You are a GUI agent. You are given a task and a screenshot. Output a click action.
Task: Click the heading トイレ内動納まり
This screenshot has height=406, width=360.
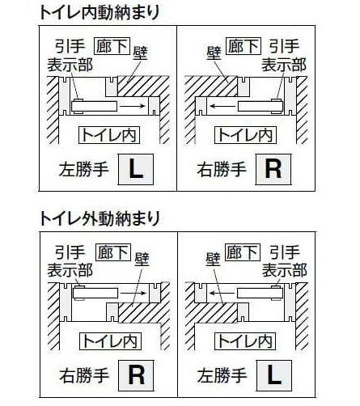(x=100, y=12)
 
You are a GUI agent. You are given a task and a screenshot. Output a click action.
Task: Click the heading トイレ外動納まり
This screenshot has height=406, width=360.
(x=100, y=218)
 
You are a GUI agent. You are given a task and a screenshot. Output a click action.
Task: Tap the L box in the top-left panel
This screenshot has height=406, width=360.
(x=136, y=169)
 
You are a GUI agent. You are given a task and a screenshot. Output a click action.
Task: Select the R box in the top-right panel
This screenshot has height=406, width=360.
(x=273, y=169)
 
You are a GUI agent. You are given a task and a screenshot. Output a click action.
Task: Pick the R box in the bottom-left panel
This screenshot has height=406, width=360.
(x=136, y=375)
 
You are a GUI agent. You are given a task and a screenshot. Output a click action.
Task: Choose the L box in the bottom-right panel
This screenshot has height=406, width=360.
(x=274, y=375)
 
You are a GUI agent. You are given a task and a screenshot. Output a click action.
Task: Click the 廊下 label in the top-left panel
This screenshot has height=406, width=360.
(x=112, y=46)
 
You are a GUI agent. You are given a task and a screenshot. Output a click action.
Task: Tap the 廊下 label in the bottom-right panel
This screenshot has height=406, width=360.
(x=242, y=252)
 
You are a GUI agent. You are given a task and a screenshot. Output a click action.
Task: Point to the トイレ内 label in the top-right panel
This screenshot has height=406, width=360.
(x=245, y=135)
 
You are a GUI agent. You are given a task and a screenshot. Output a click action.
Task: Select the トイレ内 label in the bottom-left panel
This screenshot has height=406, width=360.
(x=110, y=341)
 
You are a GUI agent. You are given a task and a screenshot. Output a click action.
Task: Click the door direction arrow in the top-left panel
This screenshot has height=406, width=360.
(x=133, y=106)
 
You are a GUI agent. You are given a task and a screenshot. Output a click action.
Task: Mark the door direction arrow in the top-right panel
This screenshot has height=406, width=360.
(x=222, y=106)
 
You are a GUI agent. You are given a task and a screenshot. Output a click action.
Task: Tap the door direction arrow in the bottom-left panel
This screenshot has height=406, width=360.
(x=133, y=293)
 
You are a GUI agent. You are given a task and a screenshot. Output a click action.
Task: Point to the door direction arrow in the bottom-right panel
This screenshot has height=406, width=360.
(x=222, y=293)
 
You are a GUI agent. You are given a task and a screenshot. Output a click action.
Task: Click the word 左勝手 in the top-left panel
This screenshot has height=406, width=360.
(x=84, y=170)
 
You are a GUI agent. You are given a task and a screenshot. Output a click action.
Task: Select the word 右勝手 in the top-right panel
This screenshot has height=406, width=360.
(x=222, y=170)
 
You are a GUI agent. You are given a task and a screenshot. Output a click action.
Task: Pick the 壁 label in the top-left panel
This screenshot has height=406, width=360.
(x=141, y=53)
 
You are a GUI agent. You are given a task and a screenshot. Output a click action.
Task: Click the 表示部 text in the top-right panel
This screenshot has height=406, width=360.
(x=284, y=65)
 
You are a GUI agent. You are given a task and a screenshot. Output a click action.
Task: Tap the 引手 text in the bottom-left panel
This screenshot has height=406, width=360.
(x=70, y=252)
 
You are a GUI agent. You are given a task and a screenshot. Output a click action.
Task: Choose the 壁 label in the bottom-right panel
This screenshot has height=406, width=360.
(x=214, y=259)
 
